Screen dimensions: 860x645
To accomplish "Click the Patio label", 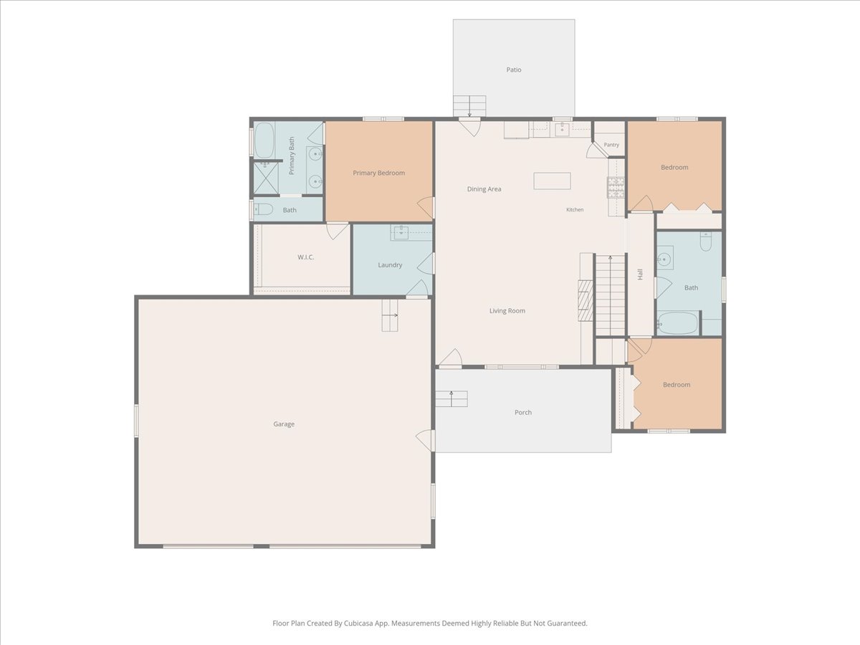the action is (x=514, y=70).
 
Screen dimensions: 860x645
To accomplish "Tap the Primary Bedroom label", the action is (x=379, y=173).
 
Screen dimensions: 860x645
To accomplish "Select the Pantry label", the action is (x=611, y=145).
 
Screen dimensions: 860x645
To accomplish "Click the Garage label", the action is (x=284, y=424).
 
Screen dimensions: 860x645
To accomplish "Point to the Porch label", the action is (x=523, y=412).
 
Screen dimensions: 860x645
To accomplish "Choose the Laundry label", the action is (x=390, y=265).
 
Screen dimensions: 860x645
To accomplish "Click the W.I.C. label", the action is (x=305, y=257).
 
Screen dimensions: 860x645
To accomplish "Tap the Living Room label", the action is (x=507, y=311).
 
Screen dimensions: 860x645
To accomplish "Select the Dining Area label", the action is (x=484, y=189).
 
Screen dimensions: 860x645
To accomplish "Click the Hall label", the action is (x=640, y=274).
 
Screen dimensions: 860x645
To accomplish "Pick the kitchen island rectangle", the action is (x=552, y=181).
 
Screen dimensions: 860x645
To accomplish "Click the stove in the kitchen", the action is (x=616, y=187).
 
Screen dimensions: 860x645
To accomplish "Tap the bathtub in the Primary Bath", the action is (x=264, y=140).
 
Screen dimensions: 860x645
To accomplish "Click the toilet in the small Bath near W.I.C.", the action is (x=263, y=209).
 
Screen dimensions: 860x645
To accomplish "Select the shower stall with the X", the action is (x=266, y=178).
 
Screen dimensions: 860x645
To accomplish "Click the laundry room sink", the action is (x=401, y=233).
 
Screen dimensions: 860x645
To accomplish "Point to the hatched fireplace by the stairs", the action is (x=586, y=300).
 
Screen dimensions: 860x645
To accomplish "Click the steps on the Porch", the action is (x=451, y=399).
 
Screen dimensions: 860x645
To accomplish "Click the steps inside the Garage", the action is (x=390, y=315).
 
